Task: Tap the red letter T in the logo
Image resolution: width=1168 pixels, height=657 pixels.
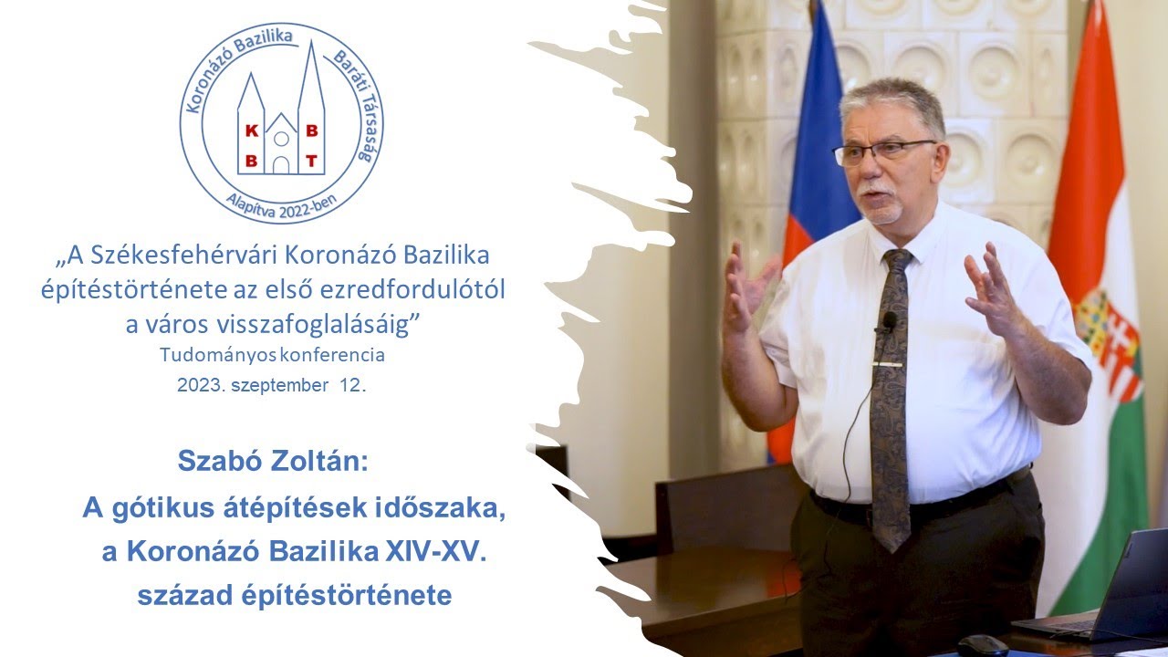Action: pyautogui.click(x=311, y=162)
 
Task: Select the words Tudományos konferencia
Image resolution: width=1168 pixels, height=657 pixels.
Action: pyautogui.click(x=272, y=354)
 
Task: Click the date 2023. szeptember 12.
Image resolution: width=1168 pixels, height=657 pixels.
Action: pyautogui.click(x=272, y=385)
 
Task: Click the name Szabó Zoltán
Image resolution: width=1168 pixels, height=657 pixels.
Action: pyautogui.click(x=272, y=461)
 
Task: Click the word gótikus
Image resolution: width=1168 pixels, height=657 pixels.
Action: pyautogui.click(x=162, y=507)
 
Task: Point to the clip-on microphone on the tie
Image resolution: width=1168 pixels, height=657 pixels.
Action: pyautogui.click(x=888, y=322)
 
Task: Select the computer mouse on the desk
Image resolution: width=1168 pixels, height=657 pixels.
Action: pyautogui.click(x=983, y=645)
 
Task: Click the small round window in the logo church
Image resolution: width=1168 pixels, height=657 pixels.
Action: pyautogui.click(x=282, y=139)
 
